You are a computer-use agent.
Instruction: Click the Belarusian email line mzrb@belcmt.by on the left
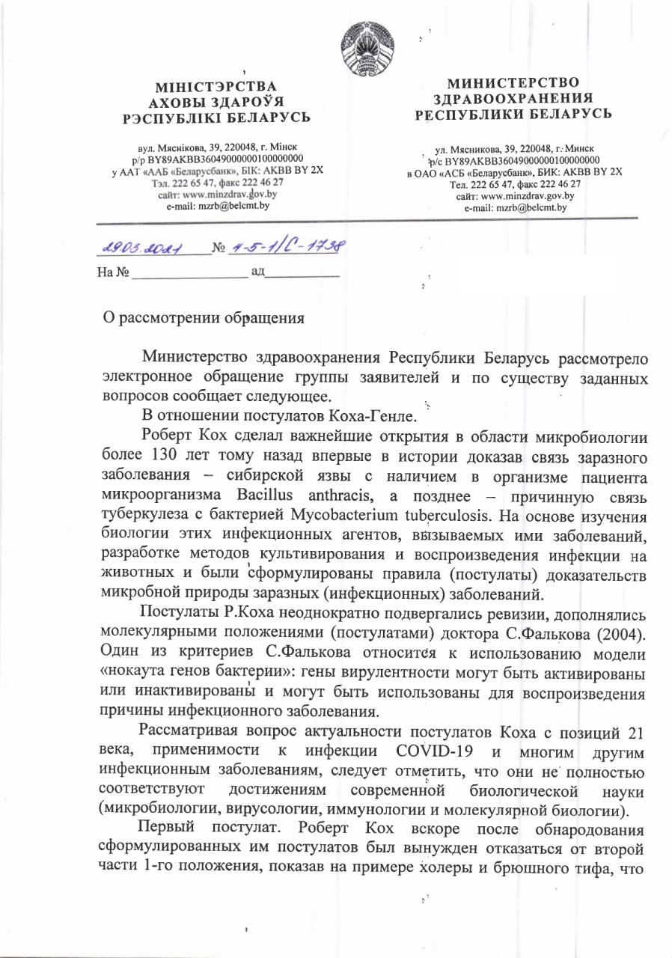217,204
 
